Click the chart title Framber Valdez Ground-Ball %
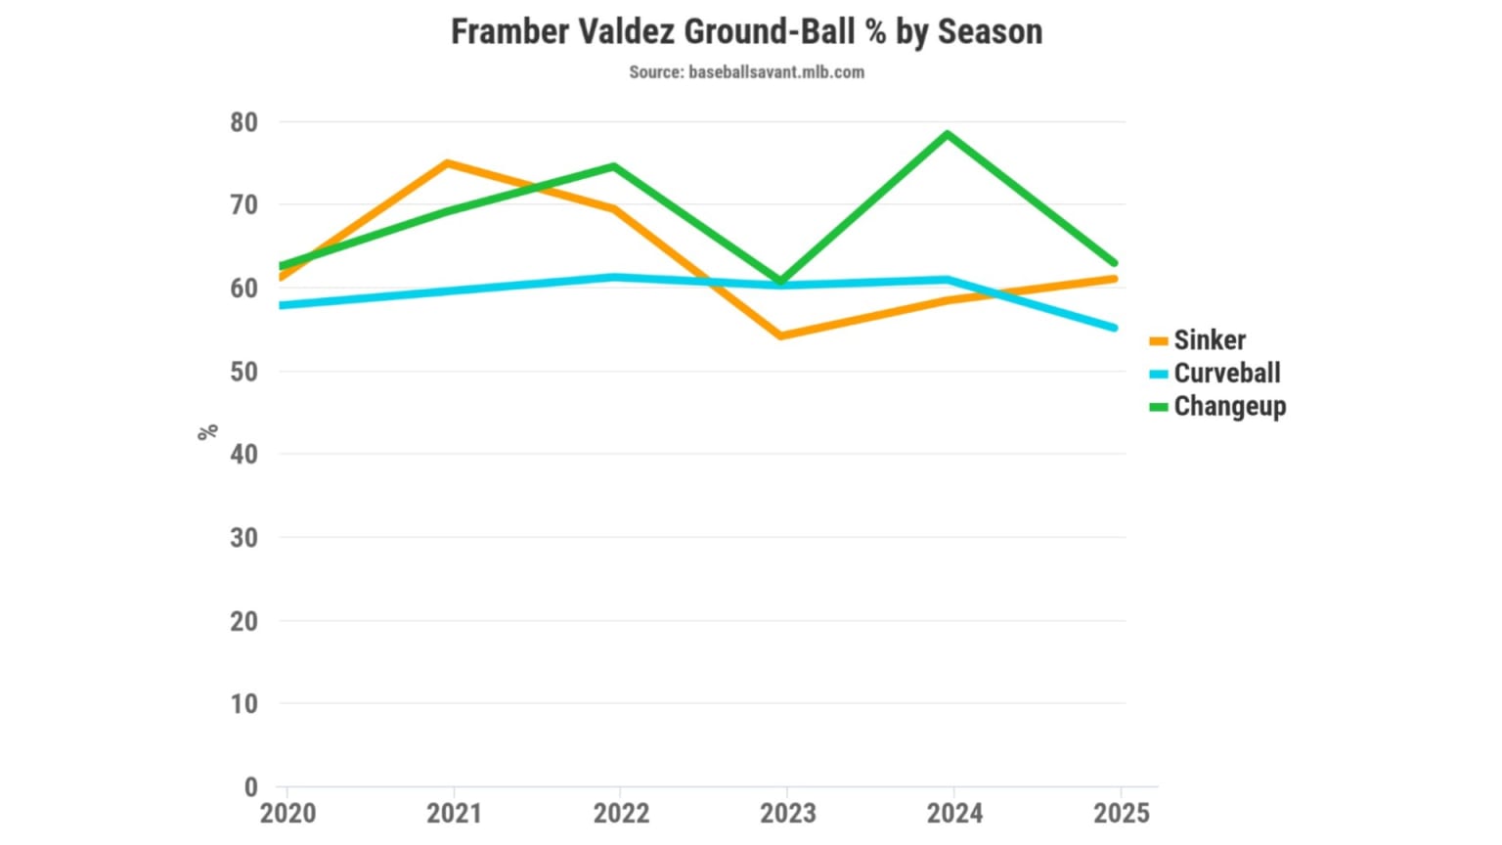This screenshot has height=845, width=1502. (x=746, y=32)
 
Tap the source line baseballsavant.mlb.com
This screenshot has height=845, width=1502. (x=746, y=72)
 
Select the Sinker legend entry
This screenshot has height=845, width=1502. (x=1209, y=340)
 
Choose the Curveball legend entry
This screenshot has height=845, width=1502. (x=1226, y=374)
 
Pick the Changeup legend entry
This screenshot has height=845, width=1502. (x=1229, y=407)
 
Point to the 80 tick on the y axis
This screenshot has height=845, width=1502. (x=244, y=123)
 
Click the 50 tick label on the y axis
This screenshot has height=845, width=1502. (x=244, y=372)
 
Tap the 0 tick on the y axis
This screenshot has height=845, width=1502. (x=251, y=786)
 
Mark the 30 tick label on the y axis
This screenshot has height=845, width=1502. (x=244, y=538)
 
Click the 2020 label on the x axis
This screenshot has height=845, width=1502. (x=287, y=814)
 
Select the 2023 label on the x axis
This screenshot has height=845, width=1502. (x=787, y=814)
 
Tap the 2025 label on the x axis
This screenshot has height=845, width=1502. (x=1121, y=814)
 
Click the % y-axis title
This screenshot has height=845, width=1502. (x=207, y=431)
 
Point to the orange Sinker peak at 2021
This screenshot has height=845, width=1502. (x=448, y=163)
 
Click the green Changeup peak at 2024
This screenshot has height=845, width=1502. (x=947, y=135)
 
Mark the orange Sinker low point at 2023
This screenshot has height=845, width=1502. (x=780, y=335)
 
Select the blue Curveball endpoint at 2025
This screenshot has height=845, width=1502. (x=1113, y=328)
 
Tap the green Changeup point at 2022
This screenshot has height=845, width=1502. (x=614, y=167)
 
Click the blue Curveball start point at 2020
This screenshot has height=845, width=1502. (x=283, y=305)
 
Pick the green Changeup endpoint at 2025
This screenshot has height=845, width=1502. (x=1113, y=263)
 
